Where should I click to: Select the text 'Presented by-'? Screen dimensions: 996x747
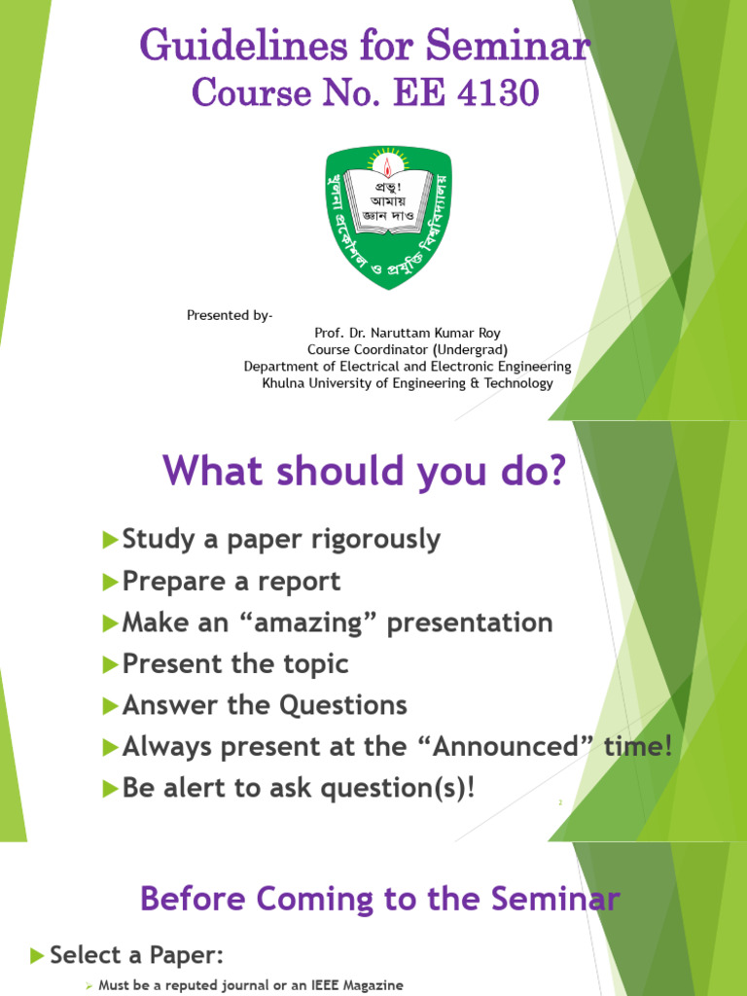(230, 315)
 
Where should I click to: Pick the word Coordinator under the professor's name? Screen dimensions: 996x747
(389, 349)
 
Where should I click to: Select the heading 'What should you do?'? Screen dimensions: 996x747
(364, 471)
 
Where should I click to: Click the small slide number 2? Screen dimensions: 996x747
(560, 803)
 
